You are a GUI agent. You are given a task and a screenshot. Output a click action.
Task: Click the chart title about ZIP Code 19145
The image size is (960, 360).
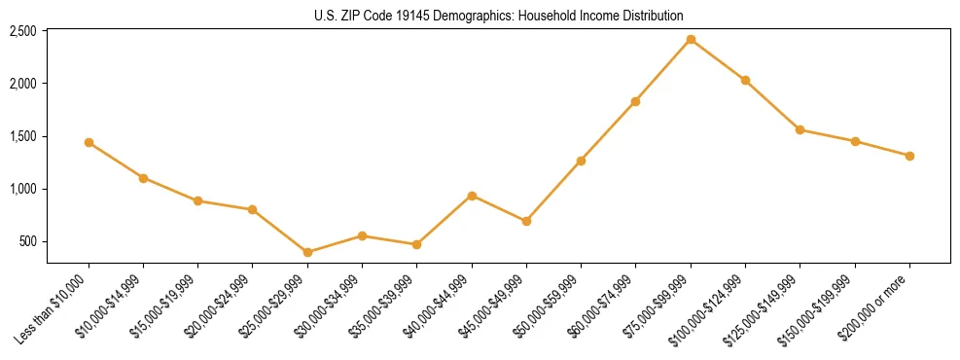pyautogui.click(x=499, y=16)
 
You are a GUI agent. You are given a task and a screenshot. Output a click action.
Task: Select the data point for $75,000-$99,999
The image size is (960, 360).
pyautogui.click(x=691, y=39)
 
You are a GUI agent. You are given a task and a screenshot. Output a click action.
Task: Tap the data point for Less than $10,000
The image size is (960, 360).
pyautogui.click(x=89, y=142)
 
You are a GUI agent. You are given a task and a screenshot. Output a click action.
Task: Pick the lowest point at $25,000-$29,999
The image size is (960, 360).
pyautogui.click(x=307, y=252)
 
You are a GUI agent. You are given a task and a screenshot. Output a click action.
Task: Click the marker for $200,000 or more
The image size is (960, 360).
pyautogui.click(x=909, y=156)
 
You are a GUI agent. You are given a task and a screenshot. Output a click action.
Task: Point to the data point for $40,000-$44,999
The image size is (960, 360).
pyautogui.click(x=472, y=196)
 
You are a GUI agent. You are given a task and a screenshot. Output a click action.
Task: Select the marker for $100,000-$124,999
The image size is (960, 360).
pyautogui.click(x=745, y=80)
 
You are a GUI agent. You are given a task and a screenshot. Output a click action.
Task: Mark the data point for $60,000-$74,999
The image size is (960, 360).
pyautogui.click(x=635, y=101)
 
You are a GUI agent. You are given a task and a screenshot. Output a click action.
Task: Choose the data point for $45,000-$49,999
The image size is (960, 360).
pyautogui.click(x=526, y=221)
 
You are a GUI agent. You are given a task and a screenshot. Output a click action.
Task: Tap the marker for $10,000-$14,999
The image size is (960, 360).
pyautogui.click(x=143, y=178)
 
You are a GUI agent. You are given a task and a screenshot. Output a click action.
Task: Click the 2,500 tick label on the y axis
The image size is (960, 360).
pyautogui.click(x=22, y=31)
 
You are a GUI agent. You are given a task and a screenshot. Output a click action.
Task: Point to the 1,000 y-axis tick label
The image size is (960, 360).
pyautogui.click(x=22, y=189)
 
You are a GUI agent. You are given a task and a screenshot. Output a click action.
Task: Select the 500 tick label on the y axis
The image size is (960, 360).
pyautogui.click(x=28, y=241)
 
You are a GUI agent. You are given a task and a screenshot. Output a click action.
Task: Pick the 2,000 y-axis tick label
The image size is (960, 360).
pyautogui.click(x=22, y=84)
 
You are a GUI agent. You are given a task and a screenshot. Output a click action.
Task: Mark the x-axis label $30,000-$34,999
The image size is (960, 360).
pyautogui.click(x=329, y=306)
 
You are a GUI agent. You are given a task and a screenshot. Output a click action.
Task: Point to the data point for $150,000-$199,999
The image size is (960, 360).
pyautogui.click(x=855, y=141)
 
